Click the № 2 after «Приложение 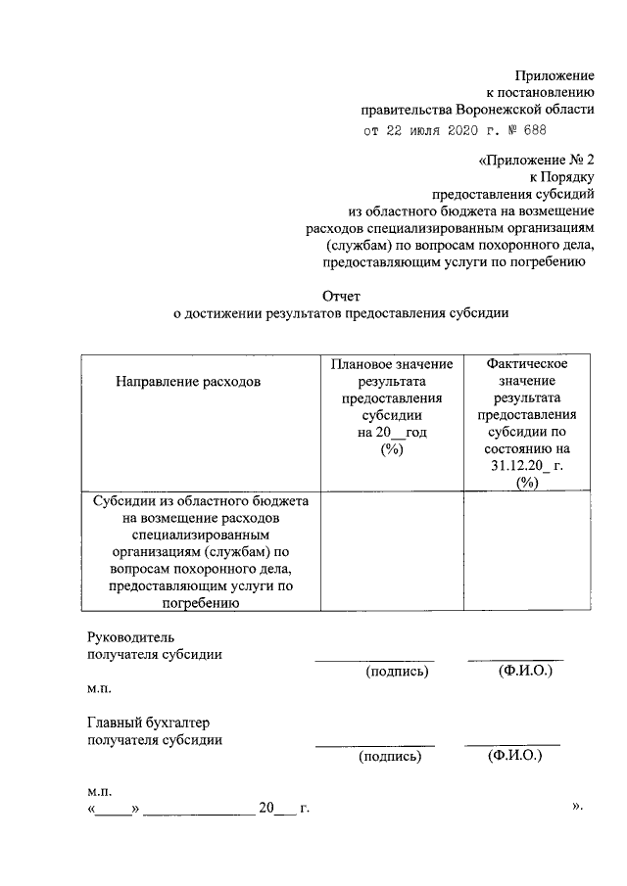point(580,160)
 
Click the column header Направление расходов point(189,382)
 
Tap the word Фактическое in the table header point(527,363)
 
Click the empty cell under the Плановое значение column point(391,552)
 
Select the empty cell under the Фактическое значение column point(527,552)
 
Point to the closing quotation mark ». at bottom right point(577,807)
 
